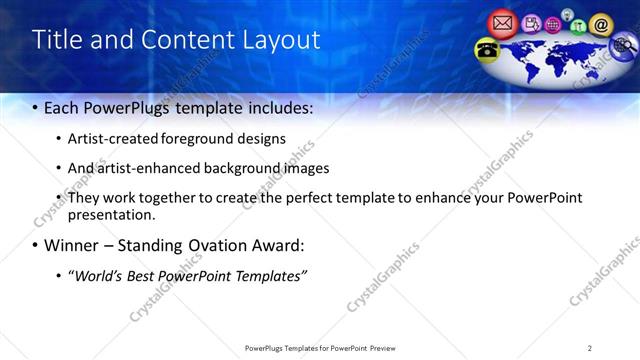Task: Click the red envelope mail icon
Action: [502, 22]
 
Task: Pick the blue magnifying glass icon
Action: [623, 47]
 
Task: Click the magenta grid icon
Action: [552, 24]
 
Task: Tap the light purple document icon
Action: [531, 22]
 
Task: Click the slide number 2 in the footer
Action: [590, 347]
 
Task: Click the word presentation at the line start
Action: [110, 214]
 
